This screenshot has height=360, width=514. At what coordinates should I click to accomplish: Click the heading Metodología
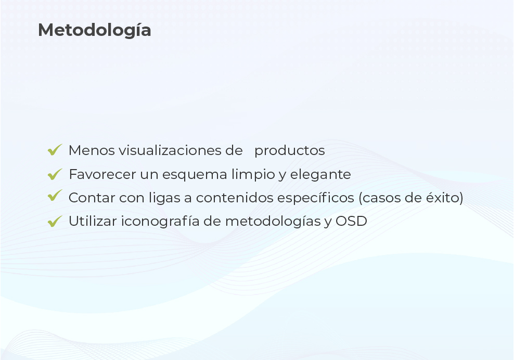[94, 31]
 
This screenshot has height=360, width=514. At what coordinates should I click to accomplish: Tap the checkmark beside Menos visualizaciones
[55, 150]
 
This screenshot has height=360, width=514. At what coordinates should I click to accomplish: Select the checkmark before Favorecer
[55, 174]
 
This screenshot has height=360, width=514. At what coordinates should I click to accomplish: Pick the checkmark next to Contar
[55, 196]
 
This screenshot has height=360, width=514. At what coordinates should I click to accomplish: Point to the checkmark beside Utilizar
[55, 221]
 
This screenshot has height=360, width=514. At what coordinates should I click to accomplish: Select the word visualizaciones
[170, 150]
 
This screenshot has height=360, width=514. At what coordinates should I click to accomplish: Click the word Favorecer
[102, 174]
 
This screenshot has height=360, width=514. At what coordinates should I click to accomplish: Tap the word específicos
[315, 198]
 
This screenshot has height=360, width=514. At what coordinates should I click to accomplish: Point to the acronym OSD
[351, 221]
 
